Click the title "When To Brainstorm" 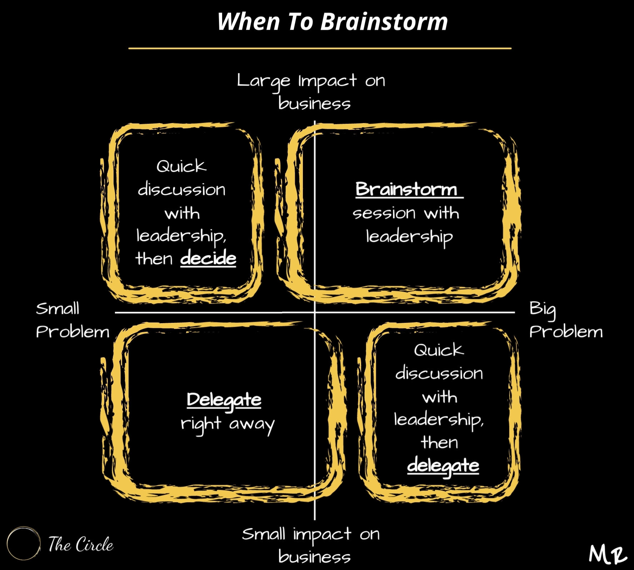(x=332, y=21)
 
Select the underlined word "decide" (x=208, y=259)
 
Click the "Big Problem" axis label (x=566, y=320)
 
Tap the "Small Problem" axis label (x=73, y=320)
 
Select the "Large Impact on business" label (x=311, y=92)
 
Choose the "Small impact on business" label (x=311, y=545)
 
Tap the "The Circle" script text (x=81, y=544)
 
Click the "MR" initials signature (x=608, y=554)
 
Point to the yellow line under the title (x=320, y=48)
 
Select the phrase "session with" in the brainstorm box (x=406, y=213)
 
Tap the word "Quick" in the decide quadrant (x=181, y=166)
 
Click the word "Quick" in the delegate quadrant (x=439, y=350)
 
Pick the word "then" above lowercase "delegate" (x=439, y=442)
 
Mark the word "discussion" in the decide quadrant (x=182, y=189)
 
